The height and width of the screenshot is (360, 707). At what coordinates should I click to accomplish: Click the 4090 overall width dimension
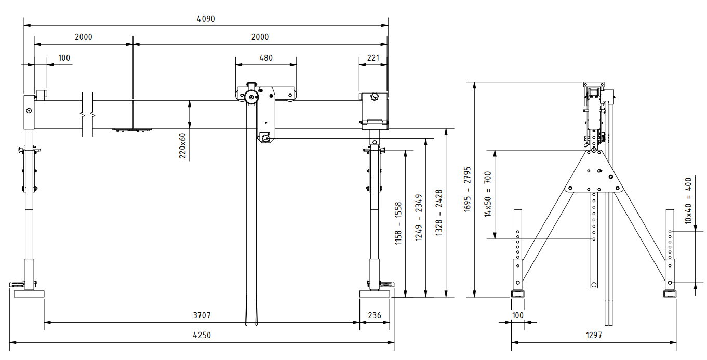point(206,19)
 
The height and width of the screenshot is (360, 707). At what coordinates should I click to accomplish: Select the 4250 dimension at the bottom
point(202,336)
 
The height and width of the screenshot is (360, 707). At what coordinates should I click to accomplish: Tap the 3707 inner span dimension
point(202,315)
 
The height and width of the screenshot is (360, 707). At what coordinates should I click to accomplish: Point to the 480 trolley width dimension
point(265,58)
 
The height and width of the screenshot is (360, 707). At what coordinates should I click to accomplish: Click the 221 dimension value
point(373,58)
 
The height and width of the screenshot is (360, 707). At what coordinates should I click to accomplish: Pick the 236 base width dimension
point(375,315)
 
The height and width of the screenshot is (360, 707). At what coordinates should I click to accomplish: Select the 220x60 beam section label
point(182,145)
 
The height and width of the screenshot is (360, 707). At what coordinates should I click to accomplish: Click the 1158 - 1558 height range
point(398,223)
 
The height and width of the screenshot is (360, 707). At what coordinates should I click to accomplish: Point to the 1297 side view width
point(593,336)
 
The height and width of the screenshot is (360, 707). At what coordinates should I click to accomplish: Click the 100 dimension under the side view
point(518,315)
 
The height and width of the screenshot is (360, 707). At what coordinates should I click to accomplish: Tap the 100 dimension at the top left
point(64,58)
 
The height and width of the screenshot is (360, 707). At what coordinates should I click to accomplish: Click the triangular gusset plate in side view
point(593,174)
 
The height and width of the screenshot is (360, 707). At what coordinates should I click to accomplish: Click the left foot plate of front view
point(29,294)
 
